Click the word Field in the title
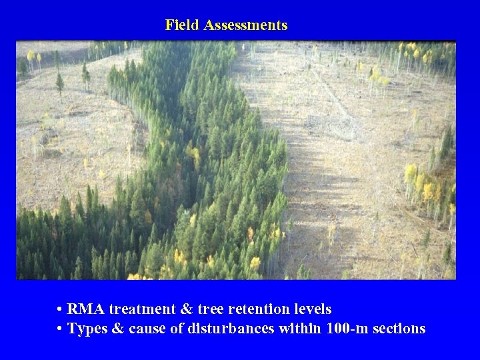183,25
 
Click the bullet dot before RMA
60,310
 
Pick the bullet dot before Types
60,329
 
